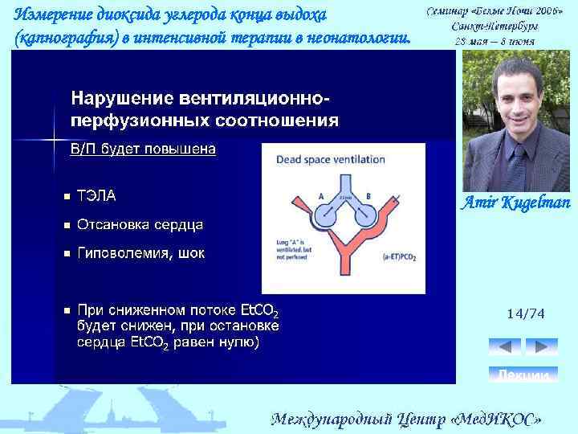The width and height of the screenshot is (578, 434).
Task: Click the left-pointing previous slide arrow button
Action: point(505,346)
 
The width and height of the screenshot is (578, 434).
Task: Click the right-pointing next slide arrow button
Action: point(542,346)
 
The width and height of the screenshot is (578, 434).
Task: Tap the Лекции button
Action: point(523,375)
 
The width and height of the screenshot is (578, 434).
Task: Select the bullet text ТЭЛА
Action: point(96,195)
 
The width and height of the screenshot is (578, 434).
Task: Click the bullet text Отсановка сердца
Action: point(140,224)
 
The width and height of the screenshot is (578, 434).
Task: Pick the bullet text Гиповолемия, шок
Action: point(140,253)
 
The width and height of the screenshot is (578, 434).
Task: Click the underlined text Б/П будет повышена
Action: point(143,149)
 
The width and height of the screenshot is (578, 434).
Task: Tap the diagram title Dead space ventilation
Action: point(328,160)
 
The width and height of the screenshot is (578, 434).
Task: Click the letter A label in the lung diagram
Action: point(320,195)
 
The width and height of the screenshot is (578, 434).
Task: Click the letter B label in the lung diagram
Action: point(368,195)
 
